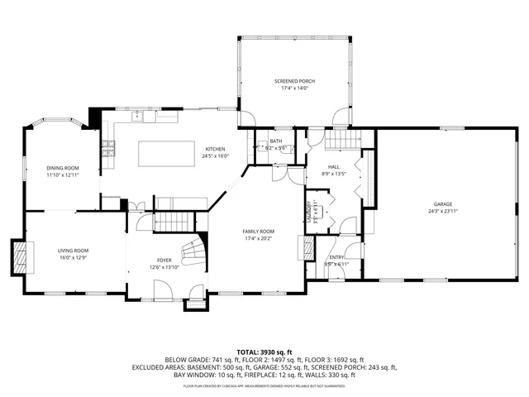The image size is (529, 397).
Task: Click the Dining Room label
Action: click(60, 168)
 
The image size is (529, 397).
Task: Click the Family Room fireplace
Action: click(310, 247)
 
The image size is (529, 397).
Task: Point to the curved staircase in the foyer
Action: click(192, 248)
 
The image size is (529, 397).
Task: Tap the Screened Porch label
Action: click(295, 81)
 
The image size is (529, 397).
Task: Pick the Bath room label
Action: click(275, 141)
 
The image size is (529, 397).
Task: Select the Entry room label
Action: click(337, 257)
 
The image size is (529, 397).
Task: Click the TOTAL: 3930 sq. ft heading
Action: click(264, 352)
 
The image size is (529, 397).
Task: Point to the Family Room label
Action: click(258, 231)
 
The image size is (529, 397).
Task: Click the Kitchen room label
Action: click(215, 149)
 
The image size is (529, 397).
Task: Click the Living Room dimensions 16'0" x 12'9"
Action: click(73, 257)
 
